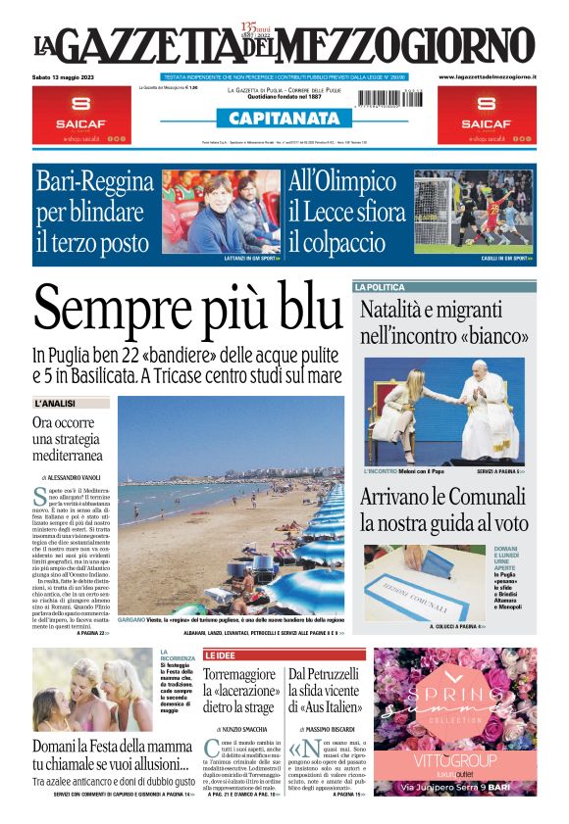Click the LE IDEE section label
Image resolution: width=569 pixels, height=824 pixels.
220,654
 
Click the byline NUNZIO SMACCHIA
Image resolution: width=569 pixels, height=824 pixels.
243,730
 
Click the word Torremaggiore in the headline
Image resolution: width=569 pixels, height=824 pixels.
242,675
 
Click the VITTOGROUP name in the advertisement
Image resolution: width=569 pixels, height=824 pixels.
454,760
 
